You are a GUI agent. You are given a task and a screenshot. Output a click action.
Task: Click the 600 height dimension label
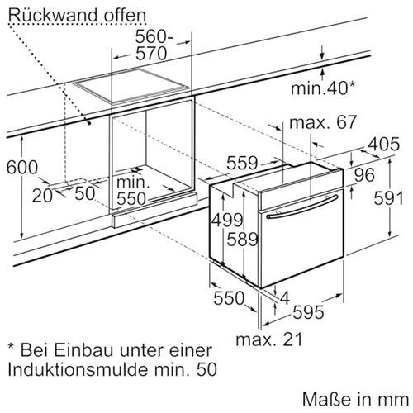[x=22, y=168]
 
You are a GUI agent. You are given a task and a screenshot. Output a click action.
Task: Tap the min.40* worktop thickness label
[x=323, y=88]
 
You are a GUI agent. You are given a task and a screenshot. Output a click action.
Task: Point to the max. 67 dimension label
[x=323, y=122]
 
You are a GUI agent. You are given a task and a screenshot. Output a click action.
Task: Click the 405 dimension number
[x=384, y=144]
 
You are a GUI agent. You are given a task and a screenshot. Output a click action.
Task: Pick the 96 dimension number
[x=364, y=175]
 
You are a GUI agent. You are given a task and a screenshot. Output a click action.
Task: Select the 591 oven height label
[x=388, y=198]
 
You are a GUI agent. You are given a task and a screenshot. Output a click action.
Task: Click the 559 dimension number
[x=242, y=163]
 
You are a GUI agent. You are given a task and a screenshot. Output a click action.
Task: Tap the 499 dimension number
[x=227, y=220]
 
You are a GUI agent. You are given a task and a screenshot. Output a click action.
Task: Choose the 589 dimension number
[x=242, y=239]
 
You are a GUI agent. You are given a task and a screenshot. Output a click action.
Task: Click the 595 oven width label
[x=308, y=312]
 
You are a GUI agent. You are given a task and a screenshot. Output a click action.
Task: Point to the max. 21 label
[x=269, y=339]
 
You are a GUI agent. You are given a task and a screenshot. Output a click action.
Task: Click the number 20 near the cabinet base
[x=42, y=196]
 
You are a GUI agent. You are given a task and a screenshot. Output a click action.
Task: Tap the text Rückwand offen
[x=77, y=16]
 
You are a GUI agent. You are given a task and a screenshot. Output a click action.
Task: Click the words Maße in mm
[x=355, y=399]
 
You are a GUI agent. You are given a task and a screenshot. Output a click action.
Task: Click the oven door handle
[x=302, y=206]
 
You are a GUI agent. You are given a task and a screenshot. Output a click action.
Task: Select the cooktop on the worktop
[x=132, y=86]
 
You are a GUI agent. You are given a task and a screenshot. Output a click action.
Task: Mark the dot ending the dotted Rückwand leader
[x=89, y=123]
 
